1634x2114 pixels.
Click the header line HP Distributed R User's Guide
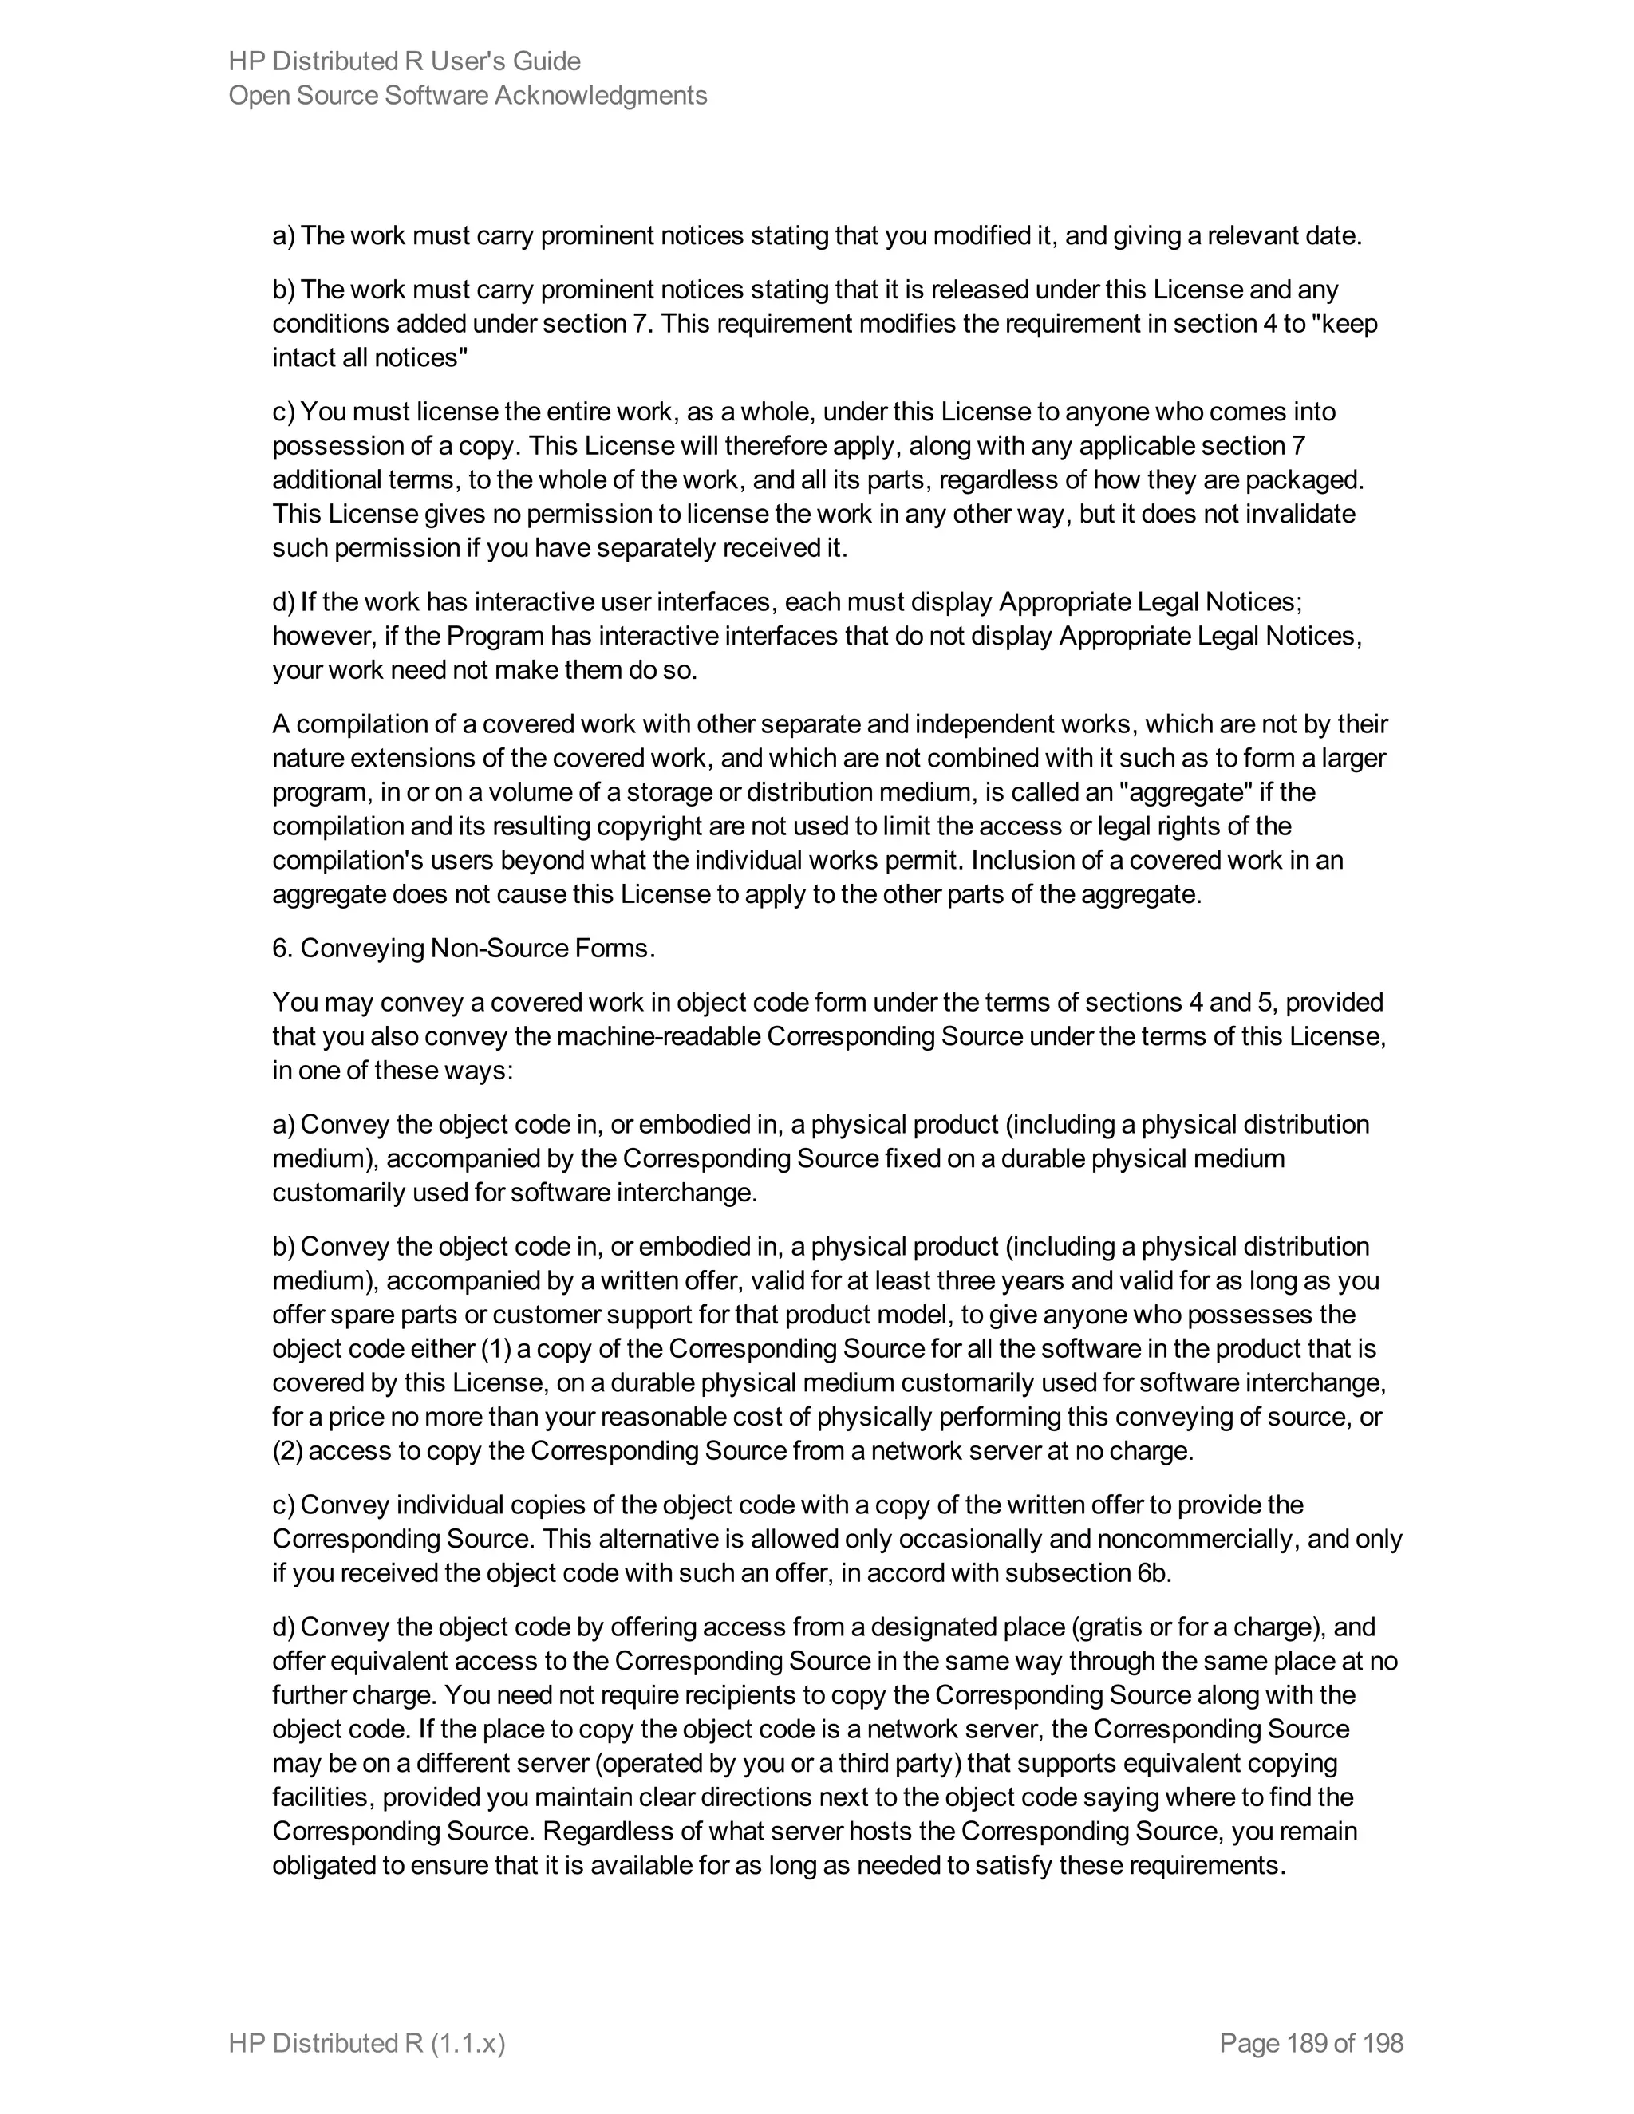click(405, 62)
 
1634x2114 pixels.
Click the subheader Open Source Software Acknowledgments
click(468, 96)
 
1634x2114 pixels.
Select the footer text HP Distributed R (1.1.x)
click(367, 2043)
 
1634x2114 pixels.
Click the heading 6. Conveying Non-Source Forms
click(464, 949)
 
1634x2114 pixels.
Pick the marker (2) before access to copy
click(287, 1451)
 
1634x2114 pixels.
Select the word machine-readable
click(653, 1037)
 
